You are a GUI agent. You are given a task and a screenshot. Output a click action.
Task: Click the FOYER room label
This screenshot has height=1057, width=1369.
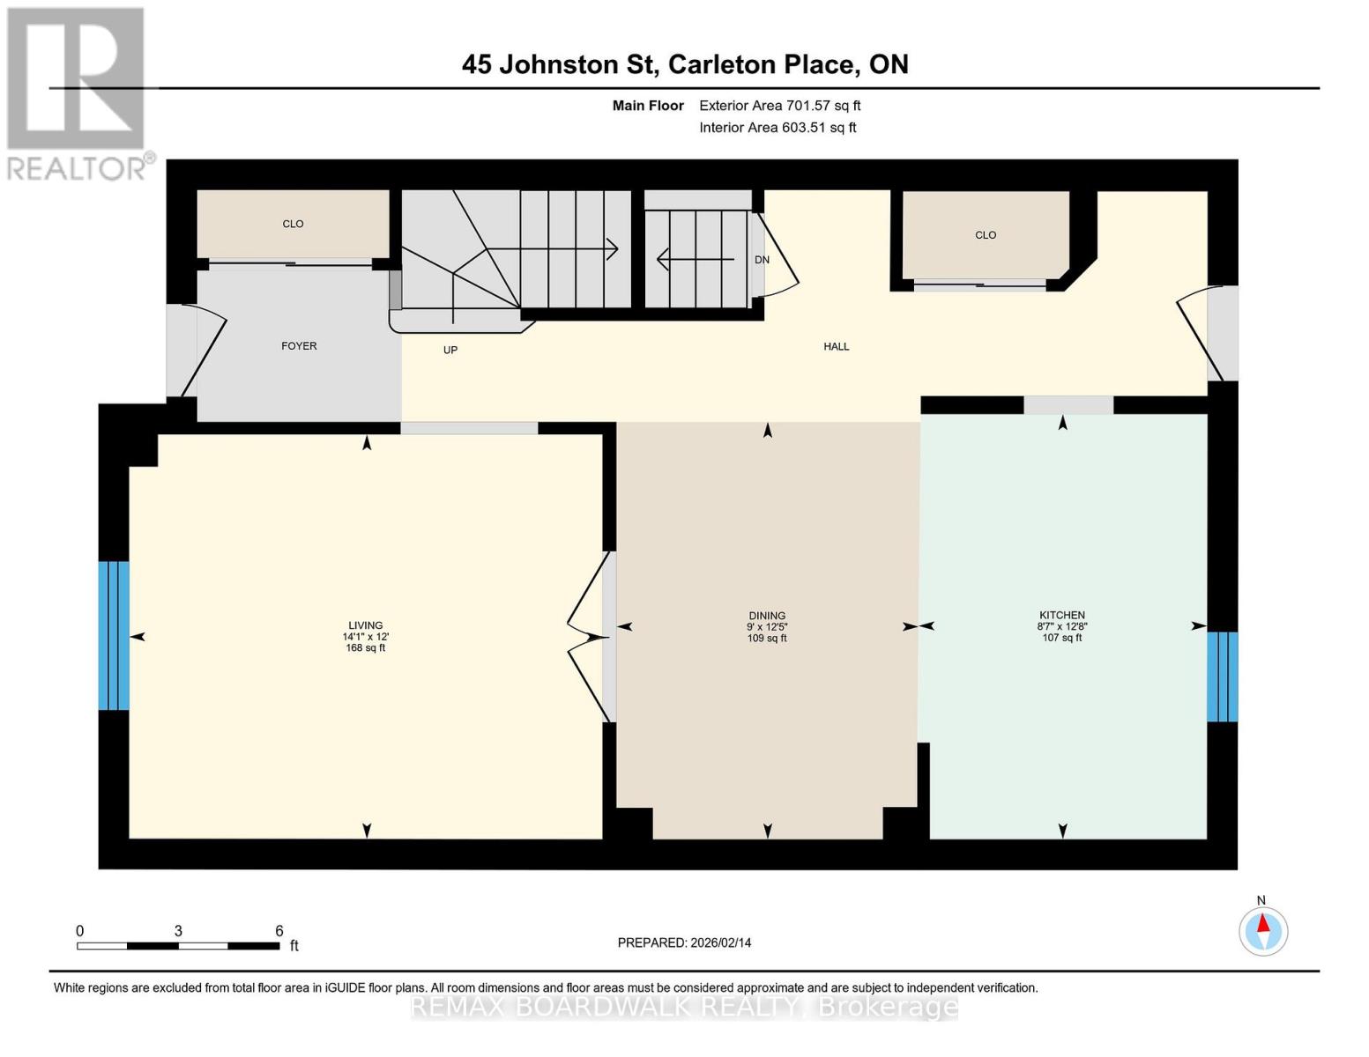coord(299,346)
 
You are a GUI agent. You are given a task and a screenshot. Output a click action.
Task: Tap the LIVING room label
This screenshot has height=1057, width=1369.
coord(365,625)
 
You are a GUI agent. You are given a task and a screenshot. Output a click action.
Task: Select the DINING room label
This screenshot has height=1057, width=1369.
coord(767,616)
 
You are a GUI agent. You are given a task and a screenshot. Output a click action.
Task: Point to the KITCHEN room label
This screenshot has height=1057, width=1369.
coord(1061,615)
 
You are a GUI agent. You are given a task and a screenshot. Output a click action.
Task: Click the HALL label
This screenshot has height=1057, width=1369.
coord(836,346)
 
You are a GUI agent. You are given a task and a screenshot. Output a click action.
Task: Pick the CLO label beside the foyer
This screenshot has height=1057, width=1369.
coord(293,224)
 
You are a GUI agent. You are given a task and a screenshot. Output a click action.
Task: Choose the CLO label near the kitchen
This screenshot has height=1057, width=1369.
coord(985,235)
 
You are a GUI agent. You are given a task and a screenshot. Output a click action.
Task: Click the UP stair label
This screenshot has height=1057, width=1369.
coord(450,350)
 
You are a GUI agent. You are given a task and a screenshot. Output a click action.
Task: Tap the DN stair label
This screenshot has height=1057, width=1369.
coord(762,260)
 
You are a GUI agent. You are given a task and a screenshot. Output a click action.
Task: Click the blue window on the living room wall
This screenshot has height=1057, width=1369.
coord(114,635)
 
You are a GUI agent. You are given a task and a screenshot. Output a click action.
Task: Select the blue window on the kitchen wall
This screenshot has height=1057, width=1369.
coord(1222,676)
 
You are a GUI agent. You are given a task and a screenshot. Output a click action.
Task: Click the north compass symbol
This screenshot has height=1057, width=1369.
coord(1263,930)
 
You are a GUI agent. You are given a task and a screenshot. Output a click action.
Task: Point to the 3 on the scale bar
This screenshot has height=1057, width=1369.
coord(178,931)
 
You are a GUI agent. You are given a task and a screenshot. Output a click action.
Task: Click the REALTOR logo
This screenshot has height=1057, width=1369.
coord(78,93)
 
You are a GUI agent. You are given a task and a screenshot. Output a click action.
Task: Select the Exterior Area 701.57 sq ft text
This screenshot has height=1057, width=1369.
coord(779,106)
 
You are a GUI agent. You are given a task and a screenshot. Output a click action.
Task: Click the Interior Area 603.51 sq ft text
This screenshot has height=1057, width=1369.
coord(778,128)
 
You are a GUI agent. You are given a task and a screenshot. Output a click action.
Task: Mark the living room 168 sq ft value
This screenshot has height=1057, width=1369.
coord(365,648)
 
